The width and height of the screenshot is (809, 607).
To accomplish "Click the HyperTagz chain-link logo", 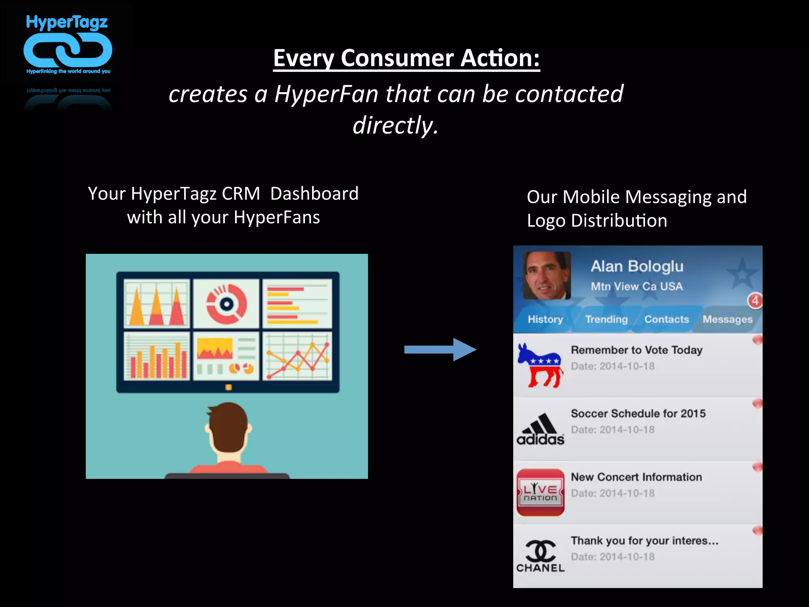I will pyautogui.click(x=68, y=50).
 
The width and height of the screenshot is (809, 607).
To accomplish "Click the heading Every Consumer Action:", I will pyautogui.click(x=406, y=58).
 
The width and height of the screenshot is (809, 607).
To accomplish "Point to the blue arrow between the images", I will pyautogui.click(x=440, y=349).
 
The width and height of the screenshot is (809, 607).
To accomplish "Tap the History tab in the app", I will pyautogui.click(x=545, y=319).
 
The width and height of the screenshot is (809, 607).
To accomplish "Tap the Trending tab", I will pyautogui.click(x=606, y=319).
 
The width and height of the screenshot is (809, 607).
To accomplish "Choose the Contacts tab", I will pyautogui.click(x=666, y=319).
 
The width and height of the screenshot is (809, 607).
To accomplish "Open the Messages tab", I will pyautogui.click(x=727, y=319).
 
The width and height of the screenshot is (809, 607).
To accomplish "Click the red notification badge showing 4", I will pyautogui.click(x=754, y=301).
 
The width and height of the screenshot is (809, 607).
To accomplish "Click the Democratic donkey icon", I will pyautogui.click(x=540, y=365).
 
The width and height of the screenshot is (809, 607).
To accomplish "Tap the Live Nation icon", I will pyautogui.click(x=540, y=492).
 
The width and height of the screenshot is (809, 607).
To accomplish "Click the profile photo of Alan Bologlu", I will pyautogui.click(x=547, y=275).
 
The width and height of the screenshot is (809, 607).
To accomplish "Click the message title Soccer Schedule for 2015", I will pyautogui.click(x=638, y=413).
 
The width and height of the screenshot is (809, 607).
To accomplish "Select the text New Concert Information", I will pyautogui.click(x=636, y=477).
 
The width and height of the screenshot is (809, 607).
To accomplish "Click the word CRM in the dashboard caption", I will pyautogui.click(x=241, y=194).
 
